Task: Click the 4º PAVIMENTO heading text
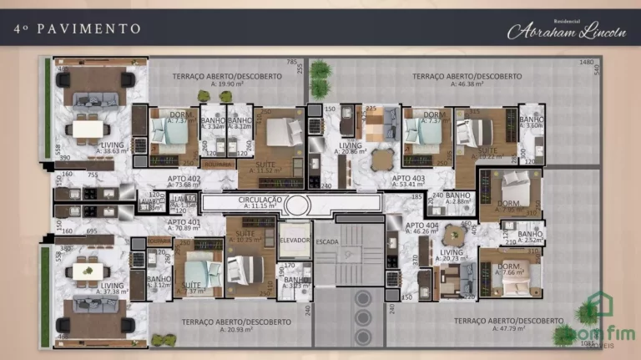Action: coord(77,28)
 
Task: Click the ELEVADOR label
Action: coord(294,239)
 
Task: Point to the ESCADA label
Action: coord(326,241)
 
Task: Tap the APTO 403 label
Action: coord(408,179)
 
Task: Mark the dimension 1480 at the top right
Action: coord(587,63)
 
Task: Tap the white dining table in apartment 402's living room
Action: coord(89,128)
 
